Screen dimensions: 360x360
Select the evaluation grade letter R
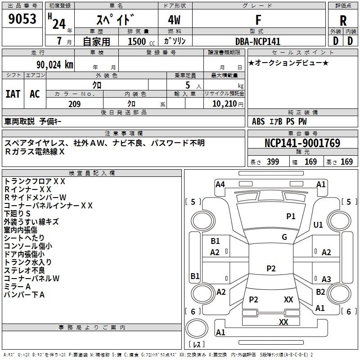(343, 20)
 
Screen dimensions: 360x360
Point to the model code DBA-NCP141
(258, 41)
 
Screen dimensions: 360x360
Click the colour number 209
(74, 104)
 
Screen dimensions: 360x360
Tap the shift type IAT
(13, 94)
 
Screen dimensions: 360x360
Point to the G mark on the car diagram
(284, 237)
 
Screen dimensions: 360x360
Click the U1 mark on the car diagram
(318, 225)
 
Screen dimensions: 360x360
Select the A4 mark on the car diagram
(220, 184)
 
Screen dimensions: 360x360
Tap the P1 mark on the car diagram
(291, 216)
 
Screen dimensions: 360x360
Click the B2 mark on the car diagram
(320, 292)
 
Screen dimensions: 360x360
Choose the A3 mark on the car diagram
(326, 279)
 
